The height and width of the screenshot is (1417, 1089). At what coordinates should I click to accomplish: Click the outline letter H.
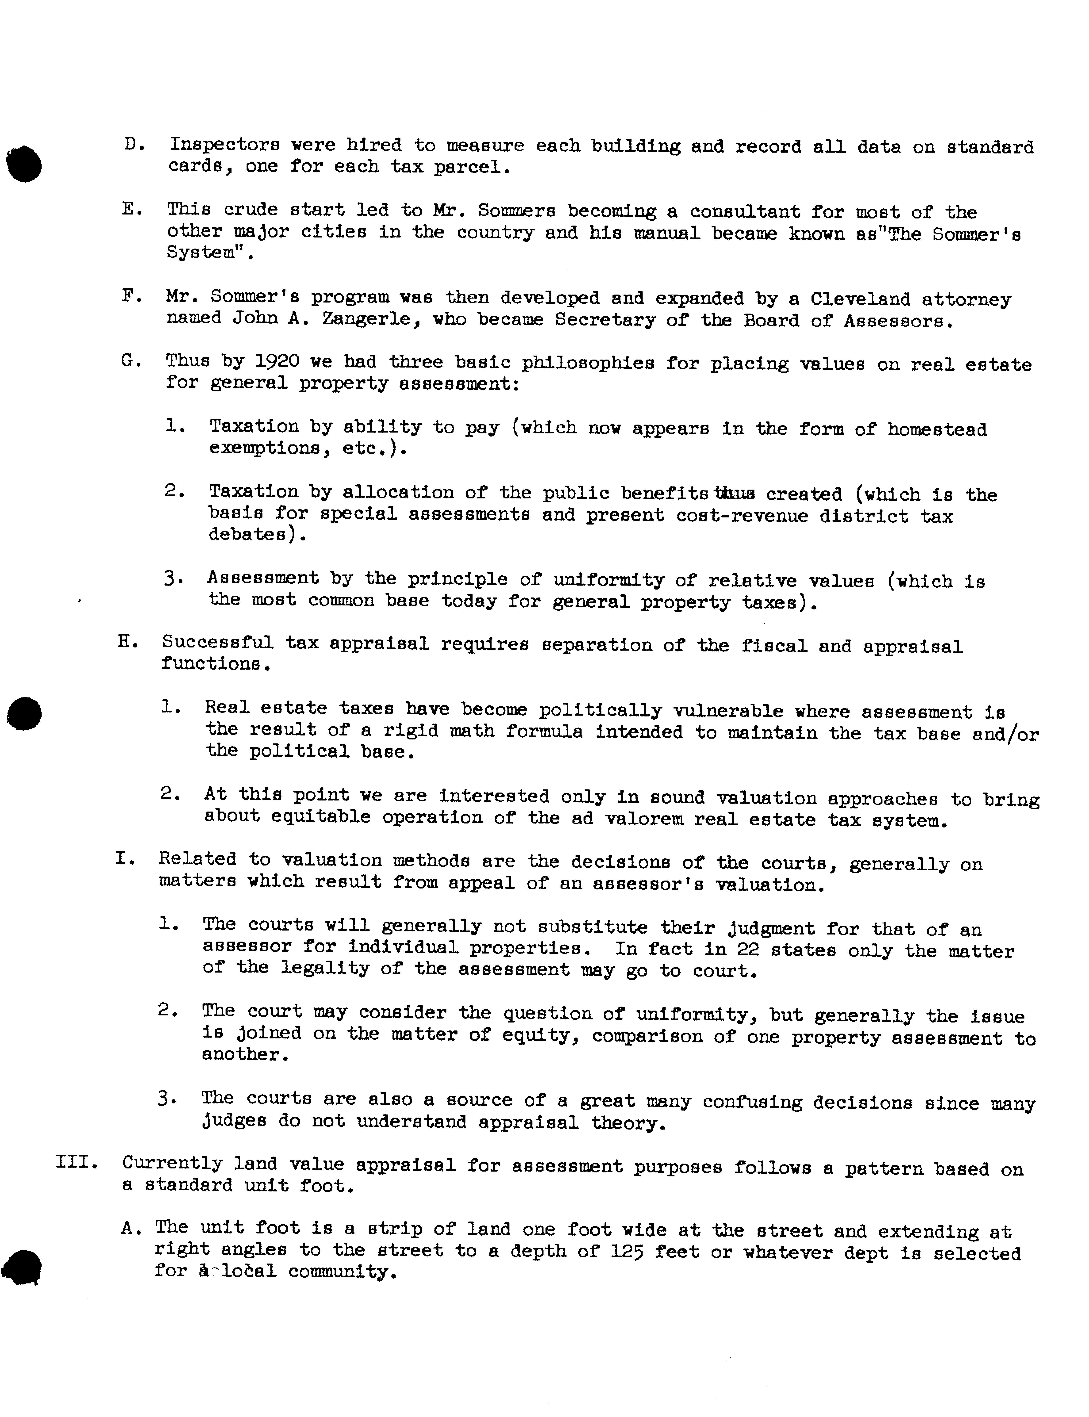(127, 643)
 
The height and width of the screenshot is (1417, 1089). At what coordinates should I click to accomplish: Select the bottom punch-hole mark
(23, 1266)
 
